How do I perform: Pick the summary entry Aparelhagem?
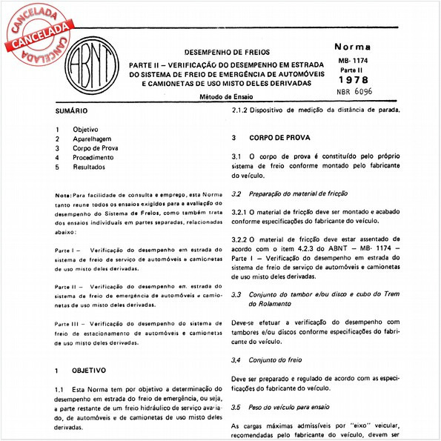click(93, 139)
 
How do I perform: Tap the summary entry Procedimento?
click(93, 157)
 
